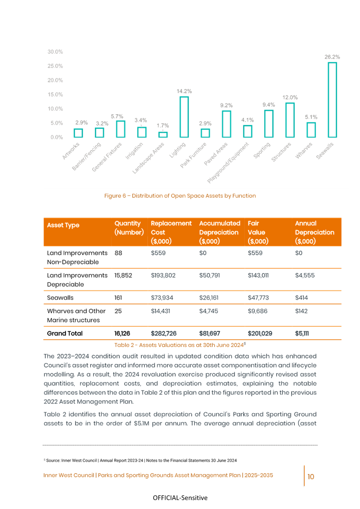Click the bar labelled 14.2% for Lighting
point(184,117)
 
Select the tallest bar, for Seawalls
point(332,100)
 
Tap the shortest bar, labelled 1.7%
point(163,134)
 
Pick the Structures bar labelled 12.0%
point(290,120)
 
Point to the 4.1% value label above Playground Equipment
point(248,120)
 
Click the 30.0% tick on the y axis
point(55,51)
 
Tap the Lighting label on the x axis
point(178,150)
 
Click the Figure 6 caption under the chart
point(180,196)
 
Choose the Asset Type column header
point(63,225)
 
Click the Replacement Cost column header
point(171,232)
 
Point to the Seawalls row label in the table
point(58,297)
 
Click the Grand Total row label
point(65,333)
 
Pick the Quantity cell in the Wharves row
point(118,311)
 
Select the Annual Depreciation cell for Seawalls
point(302,297)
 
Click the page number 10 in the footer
point(310,476)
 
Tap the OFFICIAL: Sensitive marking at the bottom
point(180,498)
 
